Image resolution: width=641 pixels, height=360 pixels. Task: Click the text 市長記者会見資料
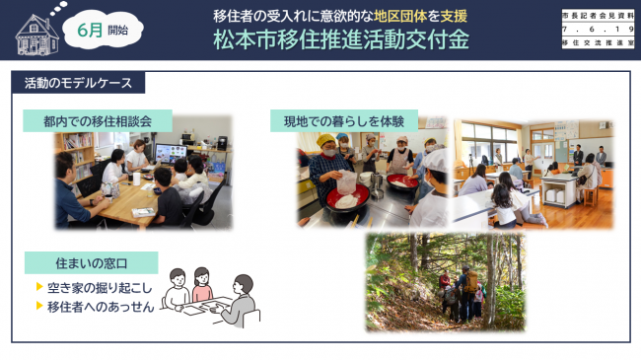click(x=598, y=16)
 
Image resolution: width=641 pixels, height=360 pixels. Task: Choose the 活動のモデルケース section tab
click(x=79, y=84)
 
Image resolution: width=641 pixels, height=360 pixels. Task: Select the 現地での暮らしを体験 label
click(x=344, y=120)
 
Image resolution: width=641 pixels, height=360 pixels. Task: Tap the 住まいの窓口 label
click(x=91, y=264)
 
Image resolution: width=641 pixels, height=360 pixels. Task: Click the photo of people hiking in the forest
click(x=444, y=282)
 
